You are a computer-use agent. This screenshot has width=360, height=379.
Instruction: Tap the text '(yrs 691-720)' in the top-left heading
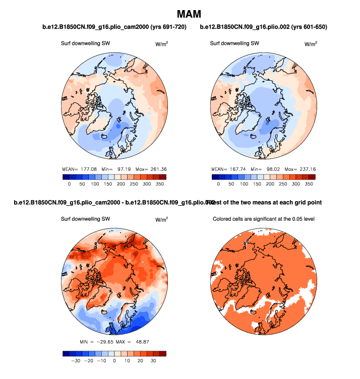pyautogui.click(x=166, y=27)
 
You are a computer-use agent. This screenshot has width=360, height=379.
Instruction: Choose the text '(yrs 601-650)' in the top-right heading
pyautogui.click(x=309, y=27)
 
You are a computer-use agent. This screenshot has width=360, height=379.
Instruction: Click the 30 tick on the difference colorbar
pyautogui.click(x=153, y=361)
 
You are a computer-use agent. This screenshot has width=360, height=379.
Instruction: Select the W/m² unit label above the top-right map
pyautogui.click(x=311, y=44)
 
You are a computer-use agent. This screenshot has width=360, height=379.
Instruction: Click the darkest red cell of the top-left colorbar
pyautogui.click(x=162, y=177)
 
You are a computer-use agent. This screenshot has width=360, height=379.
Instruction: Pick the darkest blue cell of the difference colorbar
pyautogui.click(x=66, y=353)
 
